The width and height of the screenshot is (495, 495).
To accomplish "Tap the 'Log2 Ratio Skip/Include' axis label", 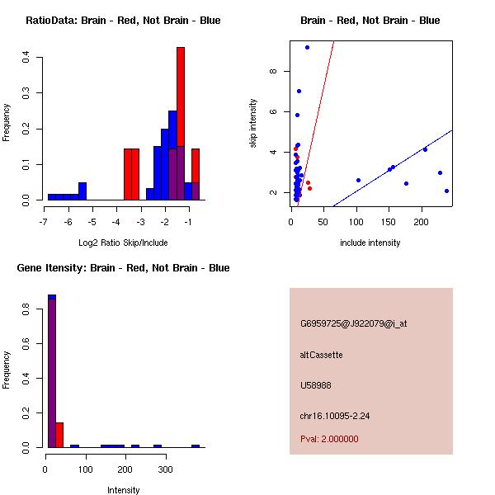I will coord(123,243).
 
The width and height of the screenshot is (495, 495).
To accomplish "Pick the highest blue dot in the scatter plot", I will coord(307,47).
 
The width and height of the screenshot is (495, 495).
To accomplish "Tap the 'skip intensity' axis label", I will coord(253,124).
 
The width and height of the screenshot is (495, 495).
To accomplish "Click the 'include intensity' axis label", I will coord(370,243).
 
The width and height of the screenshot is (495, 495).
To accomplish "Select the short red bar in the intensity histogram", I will coord(59,435).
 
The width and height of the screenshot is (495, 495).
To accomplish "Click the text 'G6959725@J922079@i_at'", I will coord(353,323).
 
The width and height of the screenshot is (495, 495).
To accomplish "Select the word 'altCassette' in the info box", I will coord(321,355).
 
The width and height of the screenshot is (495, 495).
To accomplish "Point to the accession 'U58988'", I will coord(316,385).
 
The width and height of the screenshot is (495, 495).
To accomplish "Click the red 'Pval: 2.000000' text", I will coord(329,439).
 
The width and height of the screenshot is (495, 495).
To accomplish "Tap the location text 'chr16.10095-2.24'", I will coord(336,416).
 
